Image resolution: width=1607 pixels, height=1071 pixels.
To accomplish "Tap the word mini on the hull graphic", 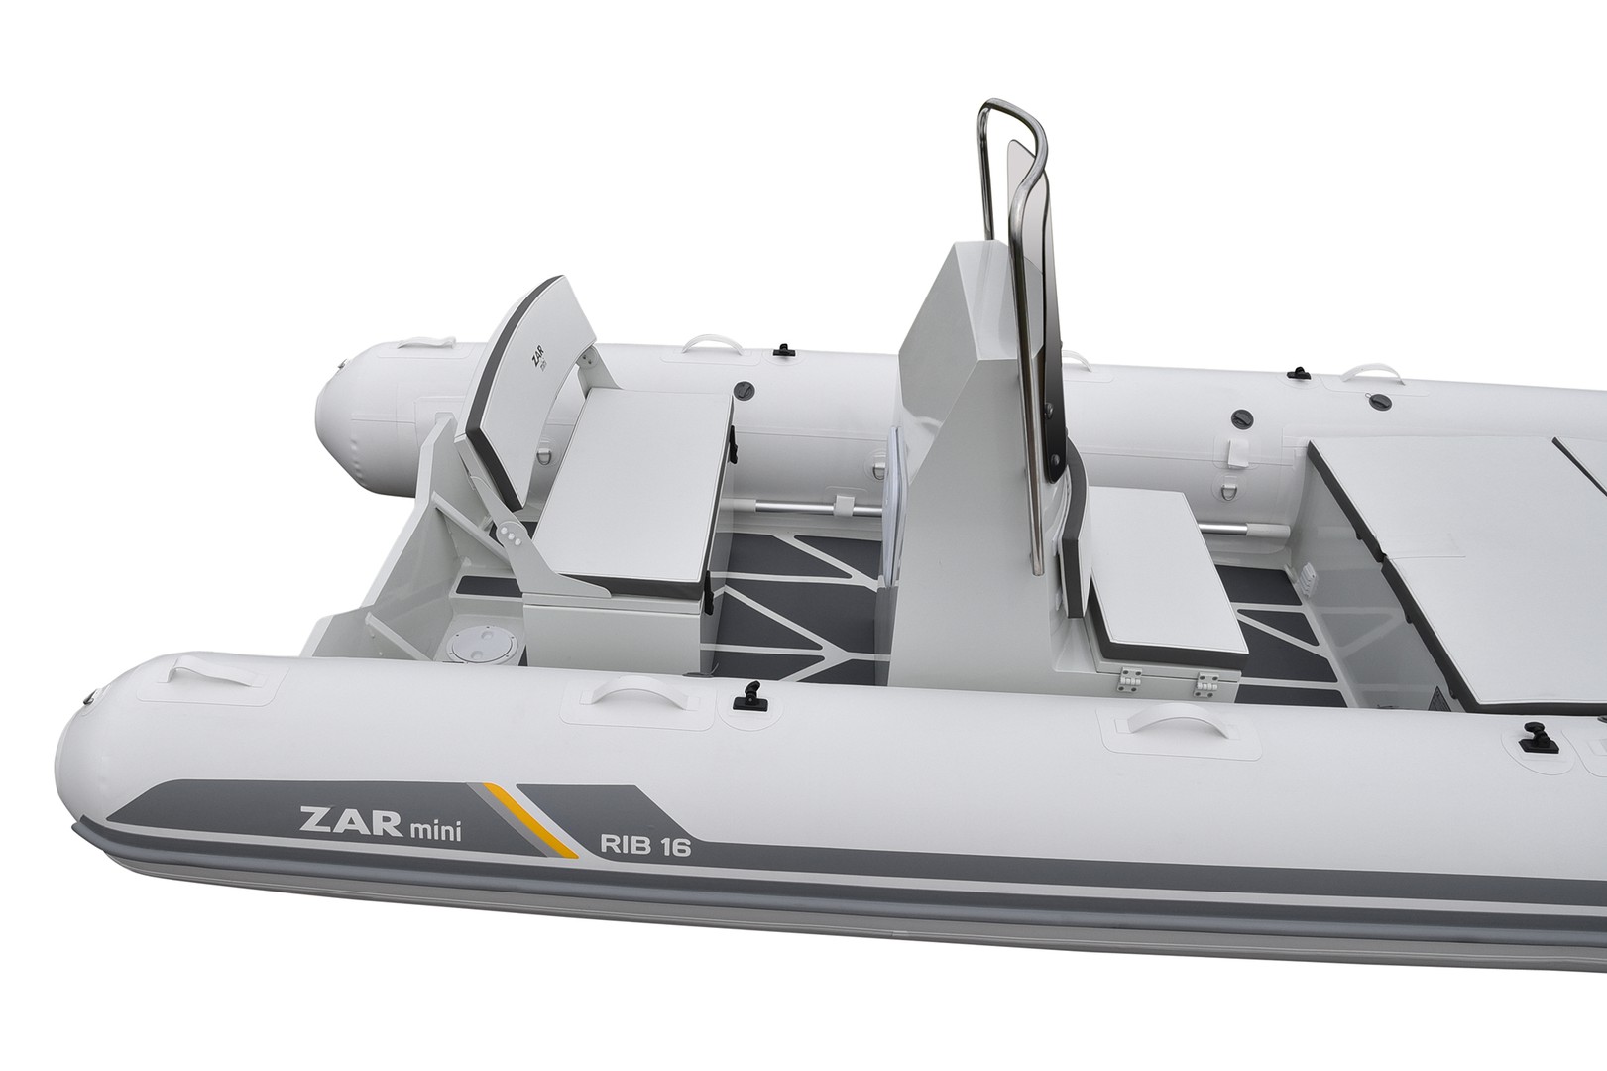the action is pyautogui.click(x=435, y=831).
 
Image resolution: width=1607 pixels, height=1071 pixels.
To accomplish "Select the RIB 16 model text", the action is pyautogui.click(x=645, y=846).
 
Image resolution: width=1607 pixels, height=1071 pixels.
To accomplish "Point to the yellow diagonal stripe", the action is pyautogui.click(x=530, y=820).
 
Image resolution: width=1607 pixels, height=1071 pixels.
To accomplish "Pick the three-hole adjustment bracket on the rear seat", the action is pyautogui.click(x=511, y=535).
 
